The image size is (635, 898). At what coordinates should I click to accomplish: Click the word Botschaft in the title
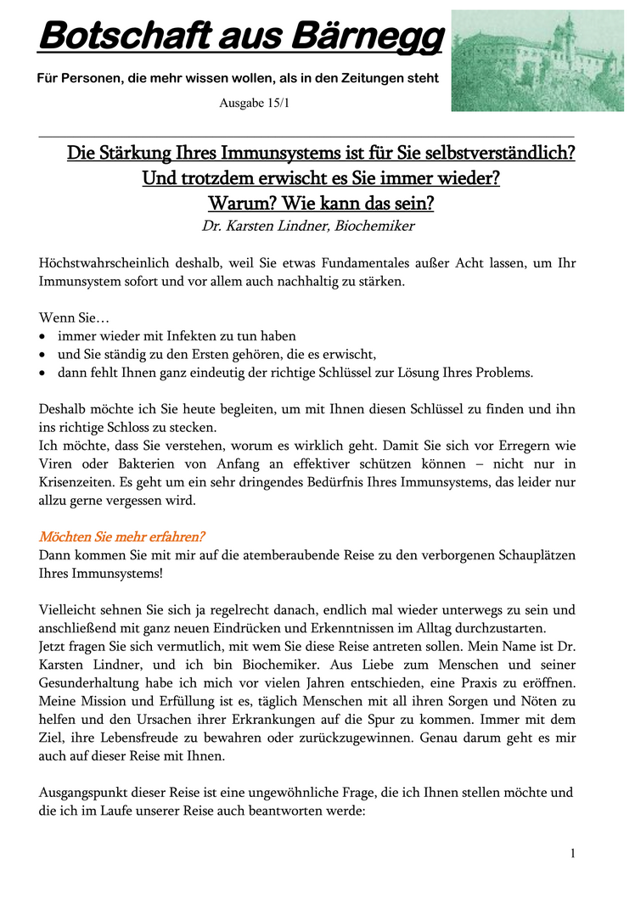point(115,36)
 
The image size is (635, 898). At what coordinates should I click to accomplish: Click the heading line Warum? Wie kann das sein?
point(320,204)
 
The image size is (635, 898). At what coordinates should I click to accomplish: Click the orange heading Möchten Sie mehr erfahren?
point(122,537)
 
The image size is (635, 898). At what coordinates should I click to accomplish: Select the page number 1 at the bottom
point(573,853)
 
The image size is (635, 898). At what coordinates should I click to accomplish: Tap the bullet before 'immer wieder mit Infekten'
point(44,337)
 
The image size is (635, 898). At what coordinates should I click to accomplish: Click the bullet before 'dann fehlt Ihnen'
point(44,373)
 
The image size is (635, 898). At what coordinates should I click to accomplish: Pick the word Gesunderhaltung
point(91,683)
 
